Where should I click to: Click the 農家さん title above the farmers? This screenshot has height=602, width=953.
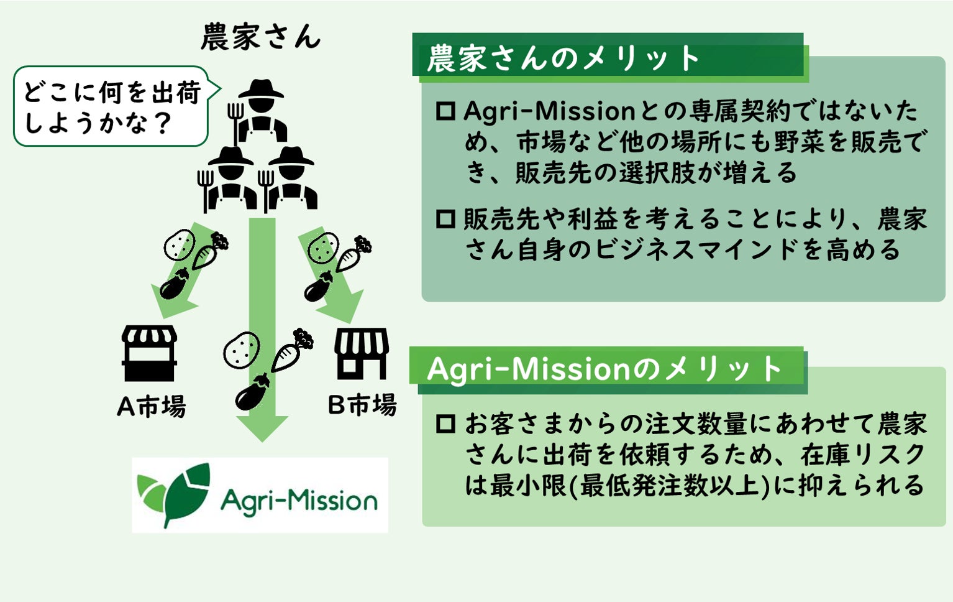[260, 37]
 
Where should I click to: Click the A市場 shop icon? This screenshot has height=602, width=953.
[149, 353]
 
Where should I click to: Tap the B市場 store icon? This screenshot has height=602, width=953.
[362, 353]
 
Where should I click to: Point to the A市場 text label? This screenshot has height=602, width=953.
[151, 407]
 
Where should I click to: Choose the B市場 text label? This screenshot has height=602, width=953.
[362, 405]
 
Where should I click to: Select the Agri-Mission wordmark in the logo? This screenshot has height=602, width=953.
[299, 500]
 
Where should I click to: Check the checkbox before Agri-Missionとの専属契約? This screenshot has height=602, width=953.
[445, 111]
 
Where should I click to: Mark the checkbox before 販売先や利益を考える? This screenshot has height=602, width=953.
[445, 219]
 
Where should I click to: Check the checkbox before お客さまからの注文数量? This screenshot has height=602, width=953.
[445, 424]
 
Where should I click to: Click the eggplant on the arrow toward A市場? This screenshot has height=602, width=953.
[175, 285]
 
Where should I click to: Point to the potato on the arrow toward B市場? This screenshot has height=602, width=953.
[323, 248]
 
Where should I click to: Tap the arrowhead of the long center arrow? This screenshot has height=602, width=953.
[262, 428]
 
